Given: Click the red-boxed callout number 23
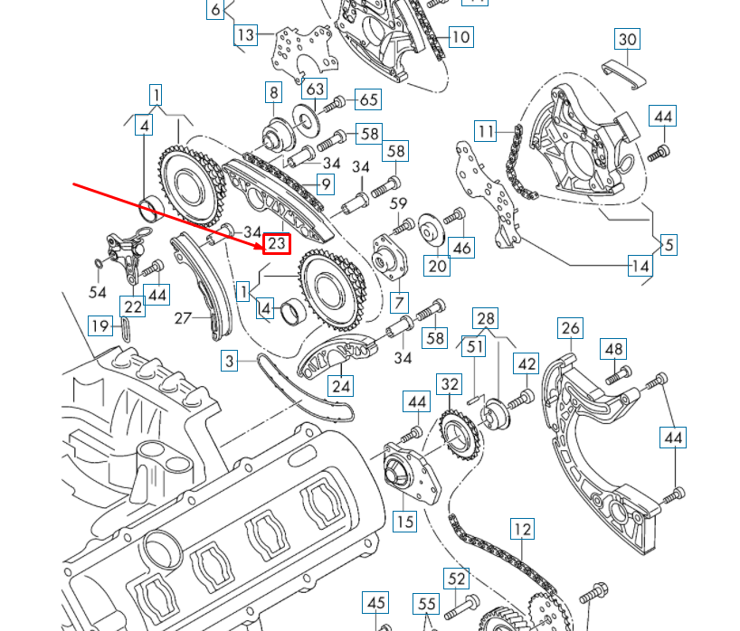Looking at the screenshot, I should point(277,243).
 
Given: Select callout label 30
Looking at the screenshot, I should point(627,39).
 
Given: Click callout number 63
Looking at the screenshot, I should point(314,89).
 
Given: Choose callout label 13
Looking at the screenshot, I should point(245,35).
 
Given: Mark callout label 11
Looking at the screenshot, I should point(487,132).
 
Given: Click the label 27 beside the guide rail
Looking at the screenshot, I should point(184,317).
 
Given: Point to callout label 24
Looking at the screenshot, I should point(340,387).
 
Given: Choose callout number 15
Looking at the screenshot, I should point(404,522).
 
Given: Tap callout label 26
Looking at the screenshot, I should point(570,327).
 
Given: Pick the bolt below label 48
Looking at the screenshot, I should point(618,373).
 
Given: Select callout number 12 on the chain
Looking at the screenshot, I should point(522,529).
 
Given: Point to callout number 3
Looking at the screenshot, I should point(231,361).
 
